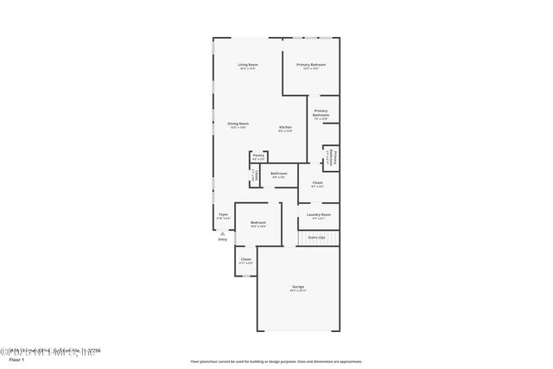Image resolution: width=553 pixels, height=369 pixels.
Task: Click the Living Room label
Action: click(248, 66)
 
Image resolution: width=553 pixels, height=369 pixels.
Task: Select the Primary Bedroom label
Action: click(311, 66)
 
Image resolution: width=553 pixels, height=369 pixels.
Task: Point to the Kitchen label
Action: click(285, 129)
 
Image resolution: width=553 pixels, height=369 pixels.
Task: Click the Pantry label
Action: click(258, 156)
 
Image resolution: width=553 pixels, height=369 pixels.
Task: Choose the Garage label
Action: click(298, 288)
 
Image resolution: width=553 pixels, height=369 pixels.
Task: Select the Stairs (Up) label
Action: click(316, 237)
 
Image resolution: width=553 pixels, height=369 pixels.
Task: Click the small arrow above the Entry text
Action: click(223, 234)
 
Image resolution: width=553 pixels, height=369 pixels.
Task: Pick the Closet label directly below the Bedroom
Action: click(246, 259)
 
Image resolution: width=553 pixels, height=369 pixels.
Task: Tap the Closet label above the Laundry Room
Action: click(317, 183)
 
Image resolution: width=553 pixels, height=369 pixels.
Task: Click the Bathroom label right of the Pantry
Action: click(279, 175)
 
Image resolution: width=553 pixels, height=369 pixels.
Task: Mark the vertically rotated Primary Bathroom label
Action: click(332, 156)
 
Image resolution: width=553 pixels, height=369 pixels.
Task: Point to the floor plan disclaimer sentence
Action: click(276, 361)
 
